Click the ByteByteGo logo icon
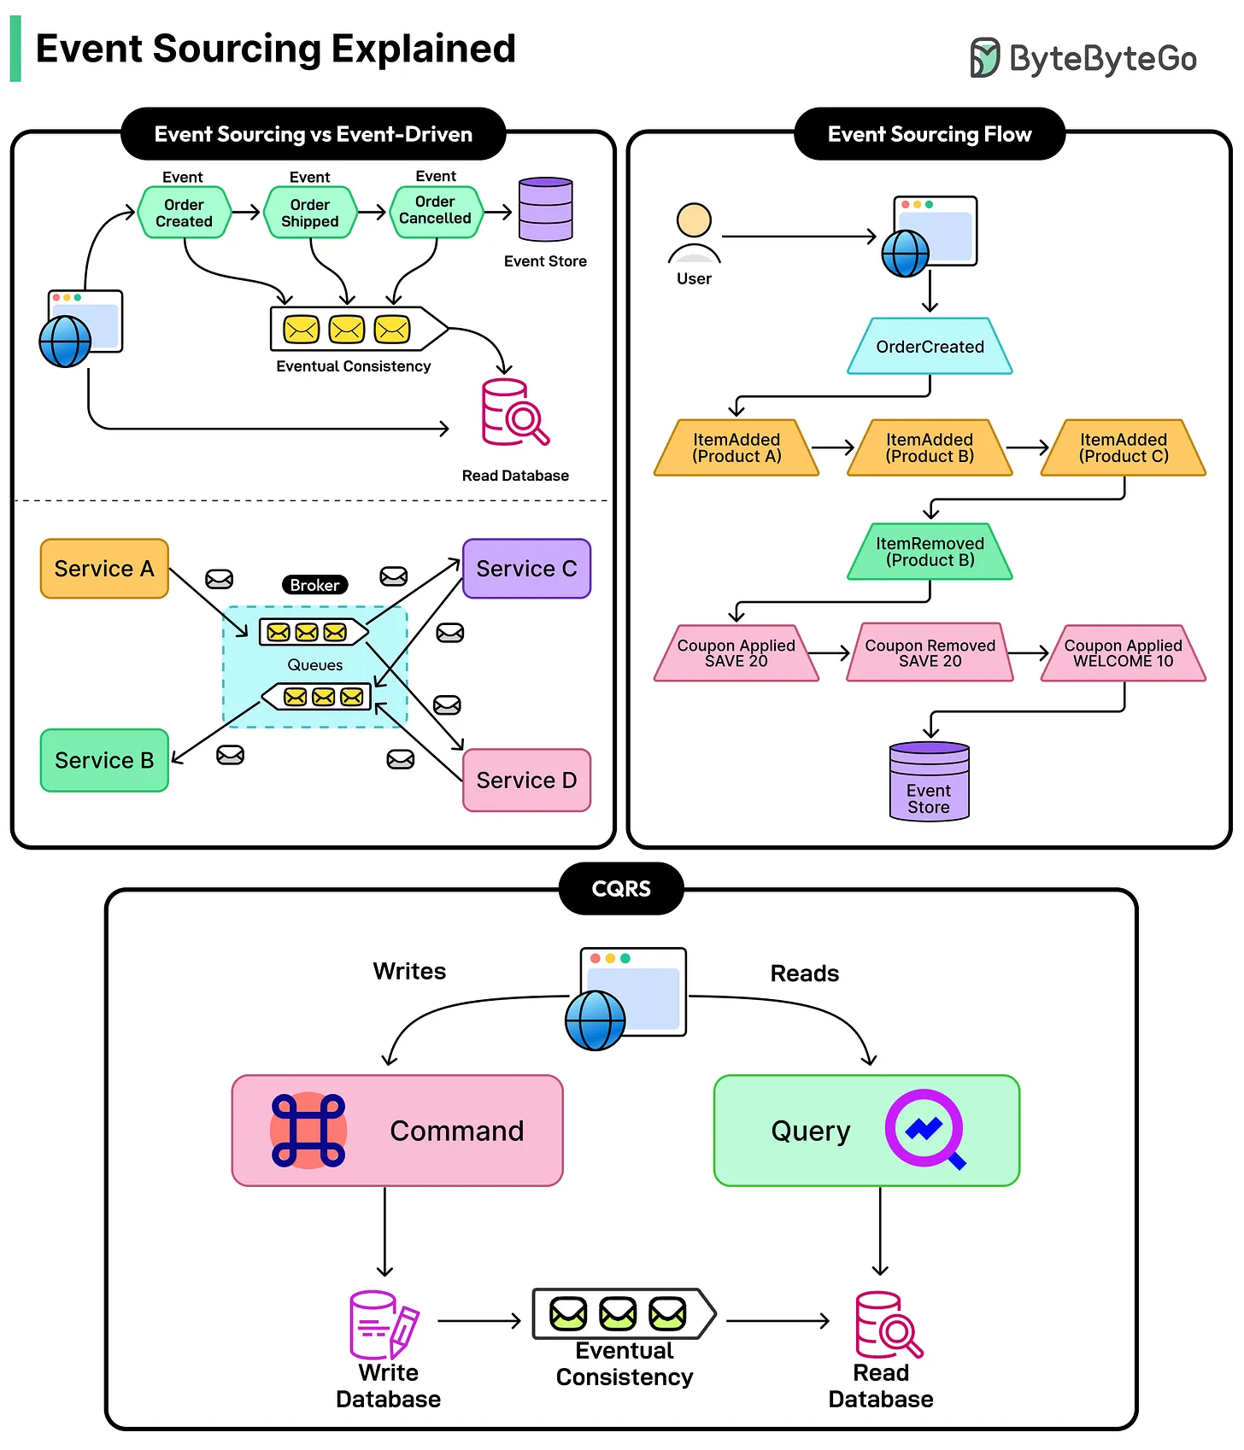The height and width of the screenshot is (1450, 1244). click(x=984, y=58)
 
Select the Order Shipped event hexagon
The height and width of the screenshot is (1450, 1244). click(x=309, y=213)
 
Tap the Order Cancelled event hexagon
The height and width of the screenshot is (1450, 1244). click(x=436, y=211)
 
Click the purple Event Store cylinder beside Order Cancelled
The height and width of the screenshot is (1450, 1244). click(x=545, y=210)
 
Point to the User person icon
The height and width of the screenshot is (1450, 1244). click(x=694, y=233)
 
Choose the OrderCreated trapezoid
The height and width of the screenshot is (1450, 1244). click(x=930, y=347)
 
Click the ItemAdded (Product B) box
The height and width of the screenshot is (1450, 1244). click(x=930, y=447)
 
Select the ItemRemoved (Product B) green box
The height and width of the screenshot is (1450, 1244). click(x=930, y=552)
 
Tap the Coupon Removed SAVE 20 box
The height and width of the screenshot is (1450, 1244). click(x=930, y=653)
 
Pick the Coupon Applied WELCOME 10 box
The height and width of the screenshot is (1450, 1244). click(x=1123, y=653)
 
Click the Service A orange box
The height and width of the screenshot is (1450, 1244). click(x=104, y=569)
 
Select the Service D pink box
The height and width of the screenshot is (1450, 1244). click(x=526, y=781)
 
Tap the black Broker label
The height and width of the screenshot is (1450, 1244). click(x=314, y=585)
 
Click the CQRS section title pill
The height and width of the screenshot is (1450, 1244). click(x=621, y=889)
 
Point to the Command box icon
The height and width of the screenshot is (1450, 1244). click(x=308, y=1131)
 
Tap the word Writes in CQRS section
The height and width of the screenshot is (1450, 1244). click(x=409, y=972)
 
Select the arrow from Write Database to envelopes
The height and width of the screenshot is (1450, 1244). click(x=479, y=1321)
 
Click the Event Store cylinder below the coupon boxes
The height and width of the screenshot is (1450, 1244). click(x=929, y=782)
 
